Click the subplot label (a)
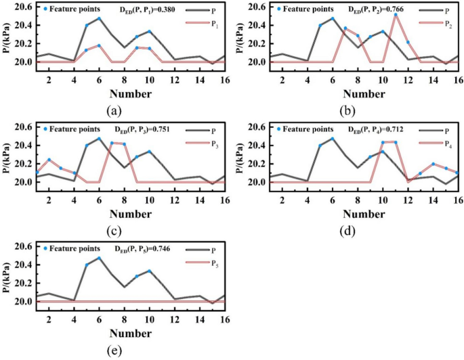[113, 111]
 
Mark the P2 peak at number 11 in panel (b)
[396, 14]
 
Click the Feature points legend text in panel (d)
[309, 129]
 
